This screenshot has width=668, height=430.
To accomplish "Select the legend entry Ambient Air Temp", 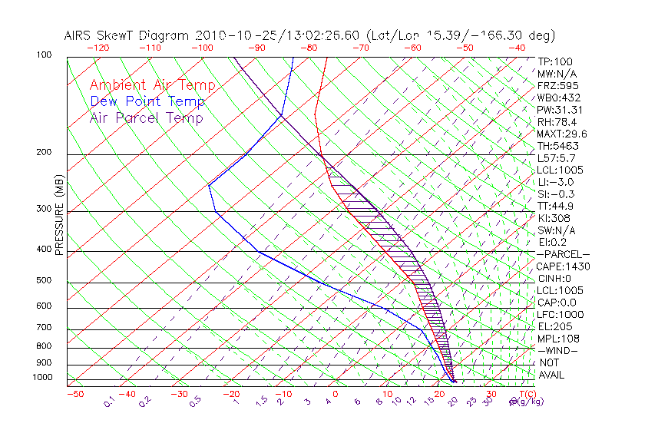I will click(x=153, y=85).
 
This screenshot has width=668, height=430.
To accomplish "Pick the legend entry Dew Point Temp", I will click(x=147, y=101).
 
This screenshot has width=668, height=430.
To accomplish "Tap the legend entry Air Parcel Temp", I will click(x=147, y=117).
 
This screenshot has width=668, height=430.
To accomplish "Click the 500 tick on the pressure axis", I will click(x=45, y=280).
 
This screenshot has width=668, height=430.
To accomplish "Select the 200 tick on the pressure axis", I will click(x=45, y=152).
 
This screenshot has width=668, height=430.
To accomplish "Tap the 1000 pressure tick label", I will click(x=42, y=377).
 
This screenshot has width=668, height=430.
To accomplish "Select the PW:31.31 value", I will click(x=560, y=110).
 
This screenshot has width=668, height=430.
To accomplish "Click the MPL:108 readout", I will click(x=558, y=339).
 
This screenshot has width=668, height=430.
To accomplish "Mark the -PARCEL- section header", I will click(x=563, y=254).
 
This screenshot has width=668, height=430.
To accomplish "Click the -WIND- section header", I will click(x=558, y=351).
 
